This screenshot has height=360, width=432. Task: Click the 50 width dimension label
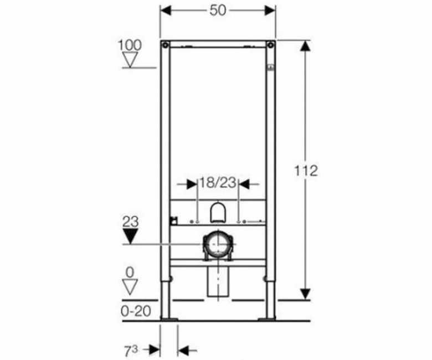click(218, 11)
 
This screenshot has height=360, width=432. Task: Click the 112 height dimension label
click(306, 171)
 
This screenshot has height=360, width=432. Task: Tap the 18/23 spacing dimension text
click(218, 182)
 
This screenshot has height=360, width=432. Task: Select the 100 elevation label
click(130, 45)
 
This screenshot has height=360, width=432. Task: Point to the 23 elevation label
click(130, 222)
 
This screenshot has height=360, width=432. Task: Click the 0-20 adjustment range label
click(136, 311)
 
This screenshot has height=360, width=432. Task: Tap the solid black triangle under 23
click(130, 236)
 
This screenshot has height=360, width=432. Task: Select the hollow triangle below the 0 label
click(130, 287)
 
